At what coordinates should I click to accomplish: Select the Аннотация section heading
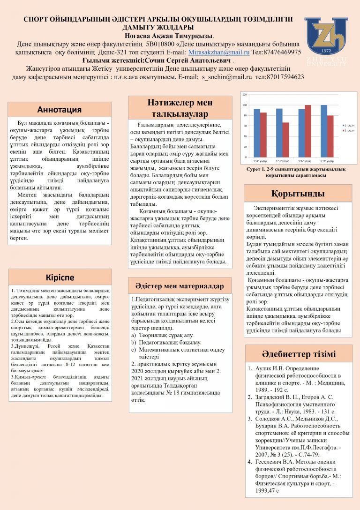point(60,110)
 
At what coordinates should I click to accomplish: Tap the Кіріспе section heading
point(60,277)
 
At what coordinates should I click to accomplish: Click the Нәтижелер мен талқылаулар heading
point(180,107)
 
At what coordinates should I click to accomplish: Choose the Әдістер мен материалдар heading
point(180,285)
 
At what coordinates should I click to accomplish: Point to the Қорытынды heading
point(298,193)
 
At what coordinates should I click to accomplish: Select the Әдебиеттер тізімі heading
point(299,353)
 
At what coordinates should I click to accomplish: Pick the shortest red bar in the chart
point(285,139)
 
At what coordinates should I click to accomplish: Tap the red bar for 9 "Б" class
point(308,131)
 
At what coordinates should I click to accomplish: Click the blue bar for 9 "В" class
point(324,131)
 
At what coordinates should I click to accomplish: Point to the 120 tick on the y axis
point(244,95)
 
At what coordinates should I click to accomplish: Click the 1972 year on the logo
point(326,49)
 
